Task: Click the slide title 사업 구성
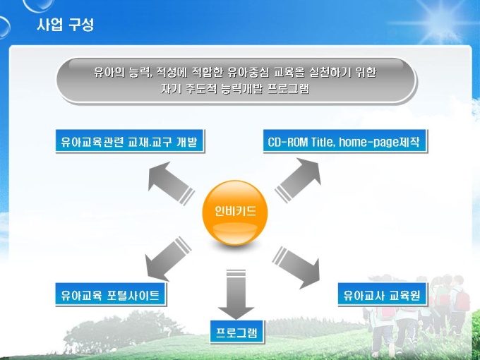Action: tap(65, 25)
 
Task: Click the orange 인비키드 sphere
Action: tap(235, 212)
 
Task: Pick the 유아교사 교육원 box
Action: tap(381, 294)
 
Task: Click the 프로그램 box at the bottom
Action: tap(237, 332)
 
